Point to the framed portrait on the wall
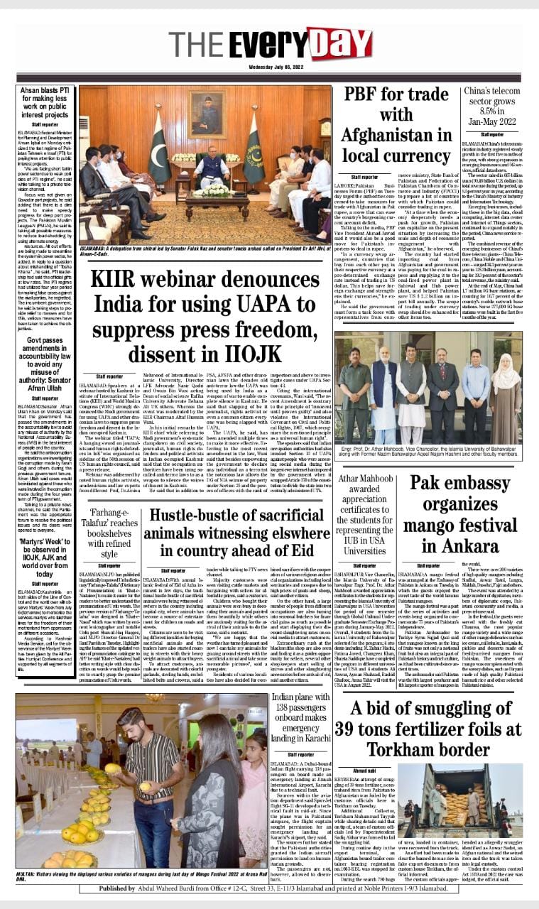[x=204, y=114]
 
